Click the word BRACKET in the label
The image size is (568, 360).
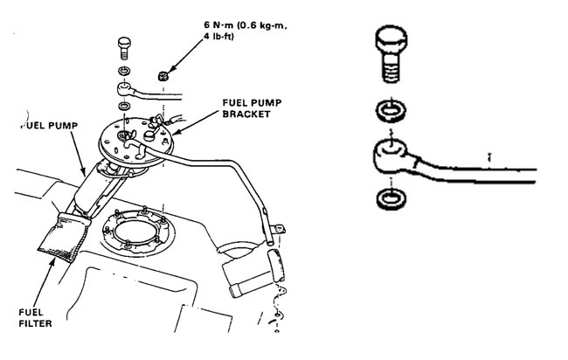(246, 114)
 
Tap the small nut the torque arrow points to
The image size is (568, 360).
(163, 76)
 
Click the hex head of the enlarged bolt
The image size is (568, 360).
(391, 40)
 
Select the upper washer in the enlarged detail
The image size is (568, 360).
(391, 110)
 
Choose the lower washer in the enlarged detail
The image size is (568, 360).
(391, 198)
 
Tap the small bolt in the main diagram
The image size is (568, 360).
(124, 48)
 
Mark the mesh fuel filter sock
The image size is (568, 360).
(65, 237)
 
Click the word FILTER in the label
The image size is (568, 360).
(35, 323)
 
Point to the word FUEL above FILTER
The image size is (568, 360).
(31, 312)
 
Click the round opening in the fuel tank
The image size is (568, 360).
(138, 232)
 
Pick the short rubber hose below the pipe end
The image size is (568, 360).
(276, 265)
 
